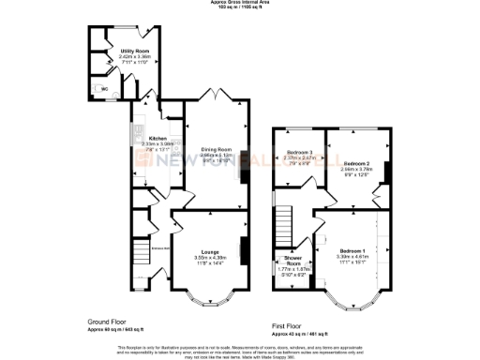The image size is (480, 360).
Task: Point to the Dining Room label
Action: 216,150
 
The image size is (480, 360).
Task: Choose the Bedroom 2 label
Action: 355,165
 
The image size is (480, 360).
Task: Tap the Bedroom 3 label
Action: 298,152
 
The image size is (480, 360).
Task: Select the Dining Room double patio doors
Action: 216,95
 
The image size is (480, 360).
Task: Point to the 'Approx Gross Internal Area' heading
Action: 239,4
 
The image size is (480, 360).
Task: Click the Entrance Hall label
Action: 160,247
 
